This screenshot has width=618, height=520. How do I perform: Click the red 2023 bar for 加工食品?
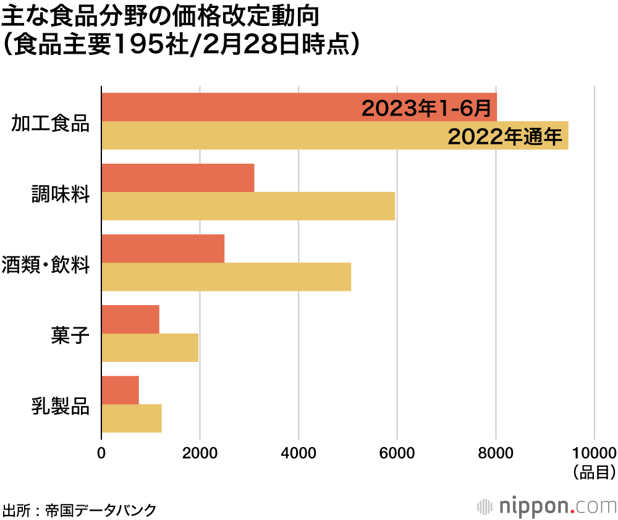[x=229, y=107]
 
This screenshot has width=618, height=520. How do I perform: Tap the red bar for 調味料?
[x=178, y=178]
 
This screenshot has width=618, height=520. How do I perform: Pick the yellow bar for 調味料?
[x=248, y=206]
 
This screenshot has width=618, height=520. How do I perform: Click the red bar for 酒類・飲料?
[x=163, y=248]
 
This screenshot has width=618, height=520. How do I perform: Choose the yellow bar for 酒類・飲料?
[x=226, y=277]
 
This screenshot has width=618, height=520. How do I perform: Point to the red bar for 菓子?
[x=130, y=319]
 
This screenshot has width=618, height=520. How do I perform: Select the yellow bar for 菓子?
[x=150, y=348]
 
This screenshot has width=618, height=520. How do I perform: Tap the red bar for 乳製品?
[x=121, y=390]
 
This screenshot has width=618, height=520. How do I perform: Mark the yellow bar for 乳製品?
[x=132, y=419]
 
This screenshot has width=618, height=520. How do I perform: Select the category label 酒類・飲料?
[x=46, y=266]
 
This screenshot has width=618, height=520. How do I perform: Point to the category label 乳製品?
[x=61, y=408]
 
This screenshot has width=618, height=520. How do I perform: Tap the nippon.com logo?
[x=546, y=506]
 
